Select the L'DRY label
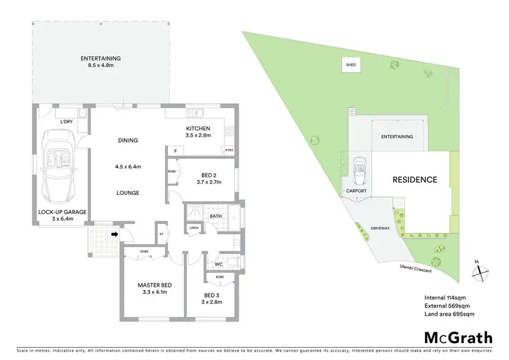coord(66,121)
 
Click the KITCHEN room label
coord(198,128)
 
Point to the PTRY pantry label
coord(229,150)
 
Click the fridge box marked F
coord(175,150)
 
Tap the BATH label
coord(216,217)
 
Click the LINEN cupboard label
coord(193,228)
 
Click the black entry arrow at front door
coord(115,235)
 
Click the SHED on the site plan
coord(351,65)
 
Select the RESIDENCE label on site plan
coord(415,180)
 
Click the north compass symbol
coord(479,270)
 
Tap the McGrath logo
coord(459,338)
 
